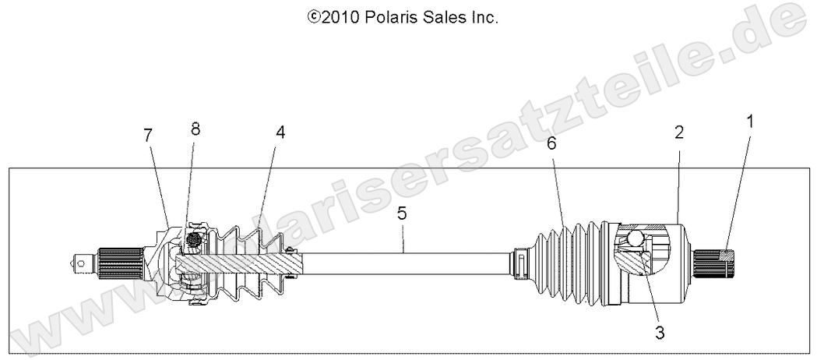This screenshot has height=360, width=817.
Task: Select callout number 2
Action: (679, 133)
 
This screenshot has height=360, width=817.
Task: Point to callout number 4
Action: (280, 133)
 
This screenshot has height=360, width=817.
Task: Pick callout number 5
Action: (402, 212)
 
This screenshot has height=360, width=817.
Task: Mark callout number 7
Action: (147, 135)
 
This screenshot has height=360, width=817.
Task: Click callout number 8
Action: (195, 129)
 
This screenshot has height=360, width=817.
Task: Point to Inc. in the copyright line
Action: (484, 16)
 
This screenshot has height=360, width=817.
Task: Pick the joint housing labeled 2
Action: (670, 265)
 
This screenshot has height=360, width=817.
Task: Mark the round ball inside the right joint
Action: (632, 238)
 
